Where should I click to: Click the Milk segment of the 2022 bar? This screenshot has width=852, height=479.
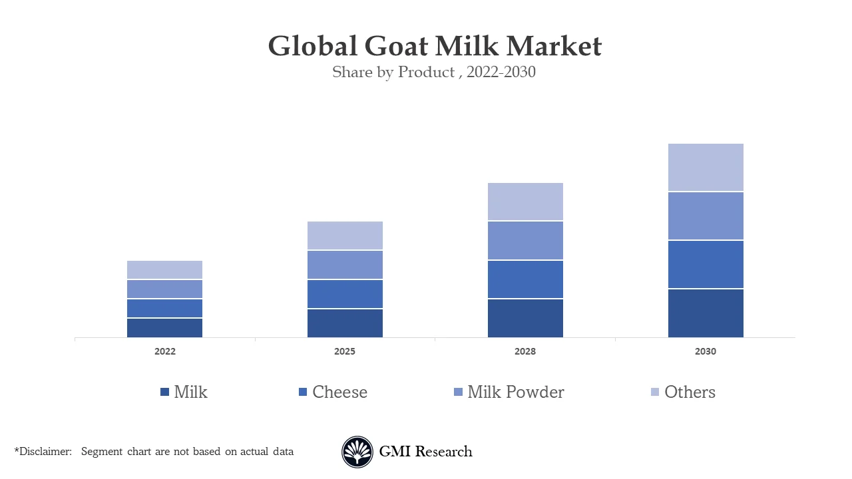[164, 328]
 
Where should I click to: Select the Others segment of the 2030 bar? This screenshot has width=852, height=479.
[706, 168]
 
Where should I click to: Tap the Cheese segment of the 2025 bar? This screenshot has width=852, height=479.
[345, 294]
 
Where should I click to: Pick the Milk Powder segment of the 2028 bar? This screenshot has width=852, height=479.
[525, 241]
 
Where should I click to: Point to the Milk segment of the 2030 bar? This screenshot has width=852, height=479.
[706, 313]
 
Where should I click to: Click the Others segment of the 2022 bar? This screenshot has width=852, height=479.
[164, 270]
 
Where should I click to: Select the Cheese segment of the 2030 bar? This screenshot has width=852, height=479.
[706, 265]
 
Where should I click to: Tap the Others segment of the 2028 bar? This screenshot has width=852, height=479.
[525, 202]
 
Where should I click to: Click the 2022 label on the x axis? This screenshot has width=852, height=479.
[164, 351]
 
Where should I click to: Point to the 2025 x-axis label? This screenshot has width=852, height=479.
[345, 351]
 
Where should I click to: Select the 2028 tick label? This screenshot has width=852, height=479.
[525, 351]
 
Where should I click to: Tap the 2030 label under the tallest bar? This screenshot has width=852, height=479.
[706, 351]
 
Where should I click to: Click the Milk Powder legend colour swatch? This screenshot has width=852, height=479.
[458, 393]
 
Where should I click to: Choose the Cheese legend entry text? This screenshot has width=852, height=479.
[339, 393]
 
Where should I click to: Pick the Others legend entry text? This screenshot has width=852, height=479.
[690, 393]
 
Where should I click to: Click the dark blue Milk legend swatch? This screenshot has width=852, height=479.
[164, 393]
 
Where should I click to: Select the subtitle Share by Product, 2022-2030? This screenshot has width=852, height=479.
[434, 73]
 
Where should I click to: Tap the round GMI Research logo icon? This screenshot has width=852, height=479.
[357, 452]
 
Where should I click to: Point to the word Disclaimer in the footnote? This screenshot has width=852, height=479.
[45, 452]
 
